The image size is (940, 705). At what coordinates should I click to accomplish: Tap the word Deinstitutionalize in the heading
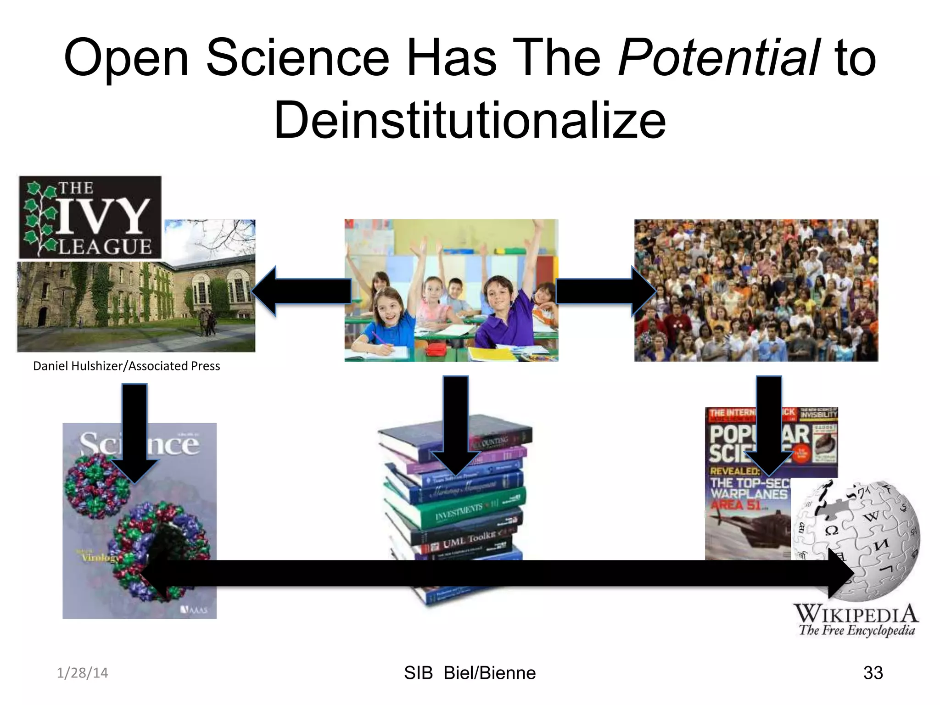470,120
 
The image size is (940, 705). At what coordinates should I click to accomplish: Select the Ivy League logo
90,218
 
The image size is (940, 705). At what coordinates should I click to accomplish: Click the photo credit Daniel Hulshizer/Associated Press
127,366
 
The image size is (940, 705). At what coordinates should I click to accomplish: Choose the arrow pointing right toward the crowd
606,291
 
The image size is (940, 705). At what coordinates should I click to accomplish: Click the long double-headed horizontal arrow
496,573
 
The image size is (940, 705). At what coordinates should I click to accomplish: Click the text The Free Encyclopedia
856,630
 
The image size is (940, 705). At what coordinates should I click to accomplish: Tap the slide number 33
873,673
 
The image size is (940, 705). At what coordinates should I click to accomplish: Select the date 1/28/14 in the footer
82,673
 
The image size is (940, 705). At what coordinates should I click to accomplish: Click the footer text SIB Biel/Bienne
470,673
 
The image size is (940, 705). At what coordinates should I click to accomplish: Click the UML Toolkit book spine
468,539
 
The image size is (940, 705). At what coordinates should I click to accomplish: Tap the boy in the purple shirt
503,312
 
